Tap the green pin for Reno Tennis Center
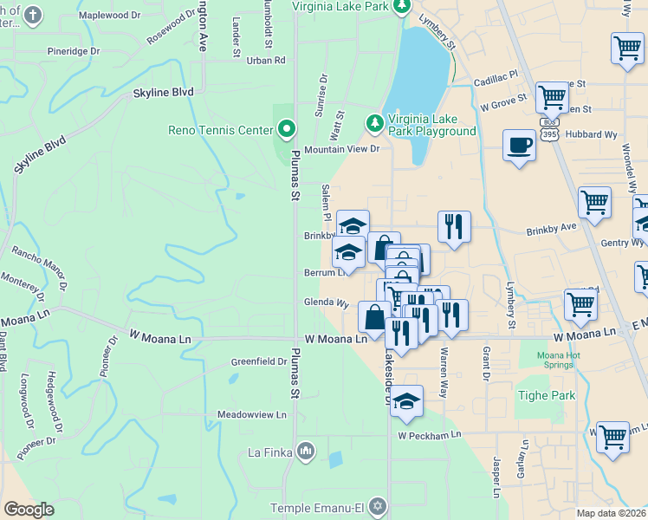[x=288, y=131]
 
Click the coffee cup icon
[x=519, y=145]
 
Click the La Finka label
[x=271, y=452]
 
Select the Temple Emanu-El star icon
[x=377, y=504]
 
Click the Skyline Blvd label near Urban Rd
[x=163, y=92]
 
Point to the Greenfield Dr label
[x=258, y=361]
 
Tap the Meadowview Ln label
[x=251, y=415]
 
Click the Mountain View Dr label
[x=342, y=149]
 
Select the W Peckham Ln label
[x=430, y=434]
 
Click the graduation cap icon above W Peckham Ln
[x=406, y=400]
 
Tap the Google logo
[x=29, y=510]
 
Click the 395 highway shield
[x=548, y=123]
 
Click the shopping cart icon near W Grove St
[x=552, y=97]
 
